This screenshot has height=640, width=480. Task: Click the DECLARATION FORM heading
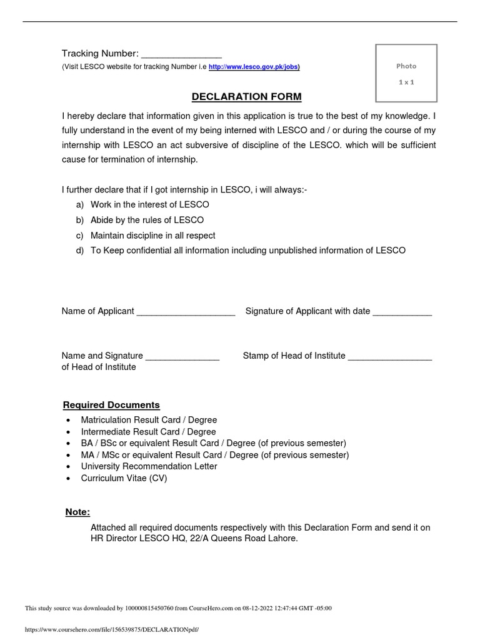tap(246, 97)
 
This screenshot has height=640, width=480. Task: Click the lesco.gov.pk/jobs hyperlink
tap(253, 67)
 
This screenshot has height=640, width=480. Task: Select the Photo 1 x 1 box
tap(406, 73)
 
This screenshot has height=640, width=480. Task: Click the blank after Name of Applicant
tap(186, 312)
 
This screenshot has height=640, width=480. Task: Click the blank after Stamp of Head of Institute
tap(389, 356)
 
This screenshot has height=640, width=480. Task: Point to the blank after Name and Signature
tap(182, 356)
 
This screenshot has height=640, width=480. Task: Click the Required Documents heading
tap(112, 405)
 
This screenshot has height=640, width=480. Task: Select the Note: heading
tap(78, 512)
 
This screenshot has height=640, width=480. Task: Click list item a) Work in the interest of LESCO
tap(149, 205)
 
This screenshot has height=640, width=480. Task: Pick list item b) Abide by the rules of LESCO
tap(147, 220)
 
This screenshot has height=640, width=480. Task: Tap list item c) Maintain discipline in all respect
tap(152, 236)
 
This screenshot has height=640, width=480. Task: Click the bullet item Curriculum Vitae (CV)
tap(124, 478)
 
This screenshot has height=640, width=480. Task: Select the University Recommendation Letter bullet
tap(149, 466)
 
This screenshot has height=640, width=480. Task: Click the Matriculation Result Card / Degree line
tap(149, 420)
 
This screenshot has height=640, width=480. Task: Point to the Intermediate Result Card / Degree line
tap(148, 432)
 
